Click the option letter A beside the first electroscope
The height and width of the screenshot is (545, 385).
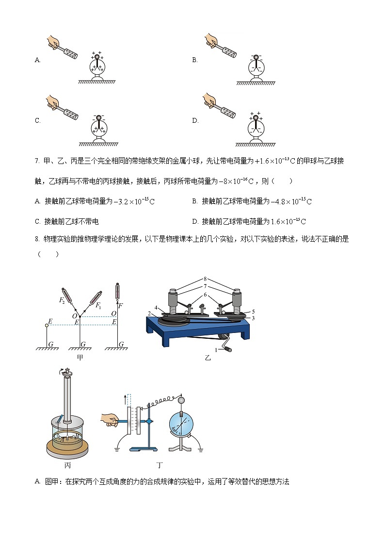coord(37,60)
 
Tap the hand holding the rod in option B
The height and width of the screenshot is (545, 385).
coord(211,40)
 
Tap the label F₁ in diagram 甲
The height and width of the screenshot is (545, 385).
coord(98,305)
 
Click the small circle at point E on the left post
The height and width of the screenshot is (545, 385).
coord(47,325)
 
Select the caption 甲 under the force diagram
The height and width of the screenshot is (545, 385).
coord(80,358)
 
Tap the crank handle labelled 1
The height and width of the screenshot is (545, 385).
coord(225,348)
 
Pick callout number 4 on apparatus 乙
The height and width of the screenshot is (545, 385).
coord(156,307)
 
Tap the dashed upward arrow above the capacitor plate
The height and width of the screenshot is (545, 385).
coord(128,399)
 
